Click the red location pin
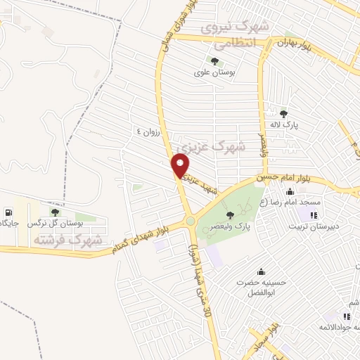tap(181, 166)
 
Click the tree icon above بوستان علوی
tap(214, 60)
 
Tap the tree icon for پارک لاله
tap(284, 113)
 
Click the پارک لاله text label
tap(285, 124)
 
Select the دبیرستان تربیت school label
tap(313, 226)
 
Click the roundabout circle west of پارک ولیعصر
tap(191, 222)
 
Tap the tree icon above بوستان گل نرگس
tap(55, 212)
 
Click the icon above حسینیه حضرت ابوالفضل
tap(262, 272)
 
